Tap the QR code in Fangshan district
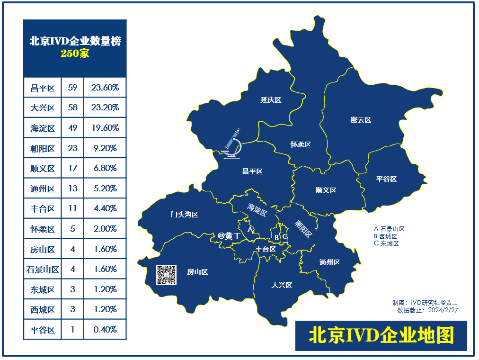[167, 275]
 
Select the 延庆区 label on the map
[271, 100]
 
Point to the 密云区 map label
[361, 120]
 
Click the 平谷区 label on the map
[386, 179]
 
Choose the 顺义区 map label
[326, 190]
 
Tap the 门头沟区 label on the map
[185, 215]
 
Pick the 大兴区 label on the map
[282, 285]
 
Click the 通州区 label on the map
[329, 262]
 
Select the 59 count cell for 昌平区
[72, 88]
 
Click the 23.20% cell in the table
[105, 108]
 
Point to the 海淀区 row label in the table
[43, 128]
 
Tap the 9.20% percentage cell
[105, 148]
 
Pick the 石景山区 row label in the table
[43, 270]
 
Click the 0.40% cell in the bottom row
[105, 330]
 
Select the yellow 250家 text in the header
[75, 54]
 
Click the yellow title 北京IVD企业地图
[381, 335]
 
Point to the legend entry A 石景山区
[389, 229]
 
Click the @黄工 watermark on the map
[229, 235]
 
